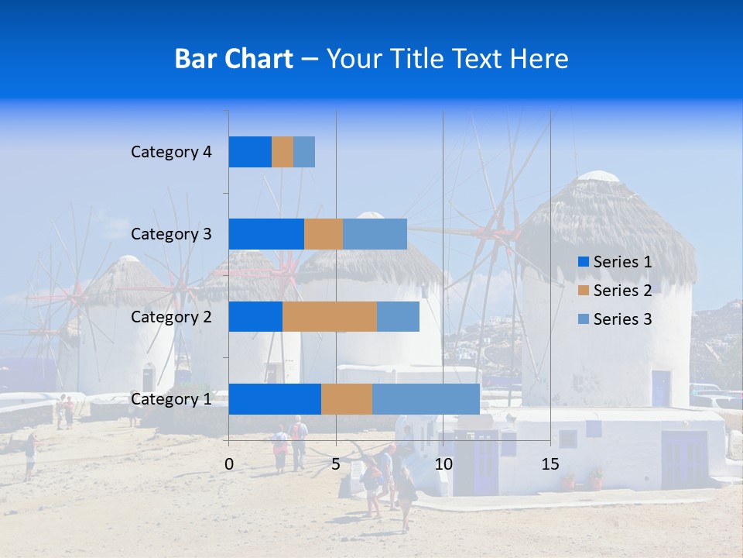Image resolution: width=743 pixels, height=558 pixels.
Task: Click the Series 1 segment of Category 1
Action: click(274, 399)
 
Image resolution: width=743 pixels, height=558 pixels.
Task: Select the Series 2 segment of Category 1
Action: click(346, 399)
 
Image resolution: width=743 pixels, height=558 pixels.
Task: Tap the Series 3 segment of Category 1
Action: click(426, 399)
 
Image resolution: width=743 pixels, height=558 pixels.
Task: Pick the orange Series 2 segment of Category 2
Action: click(329, 316)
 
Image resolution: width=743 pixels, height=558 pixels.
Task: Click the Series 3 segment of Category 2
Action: click(398, 316)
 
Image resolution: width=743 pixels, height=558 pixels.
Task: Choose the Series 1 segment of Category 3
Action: click(265, 234)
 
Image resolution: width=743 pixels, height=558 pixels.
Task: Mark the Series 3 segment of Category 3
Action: click(375, 234)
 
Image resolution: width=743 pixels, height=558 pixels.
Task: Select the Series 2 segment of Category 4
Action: click(282, 152)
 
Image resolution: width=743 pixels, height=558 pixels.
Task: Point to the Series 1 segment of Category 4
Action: click(249, 152)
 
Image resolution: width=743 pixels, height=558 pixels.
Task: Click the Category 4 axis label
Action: click(171, 152)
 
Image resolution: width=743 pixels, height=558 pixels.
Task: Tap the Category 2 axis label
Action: click(171, 316)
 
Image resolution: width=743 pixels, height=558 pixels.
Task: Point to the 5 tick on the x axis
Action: click(336, 464)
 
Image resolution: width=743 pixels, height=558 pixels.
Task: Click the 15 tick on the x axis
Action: click(550, 464)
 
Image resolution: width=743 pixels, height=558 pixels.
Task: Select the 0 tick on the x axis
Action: click(229, 464)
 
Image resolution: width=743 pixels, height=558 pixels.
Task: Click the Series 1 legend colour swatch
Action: click(583, 262)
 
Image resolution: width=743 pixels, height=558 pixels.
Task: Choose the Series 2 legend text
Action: click(622, 291)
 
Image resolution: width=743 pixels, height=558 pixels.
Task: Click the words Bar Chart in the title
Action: click(234, 59)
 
